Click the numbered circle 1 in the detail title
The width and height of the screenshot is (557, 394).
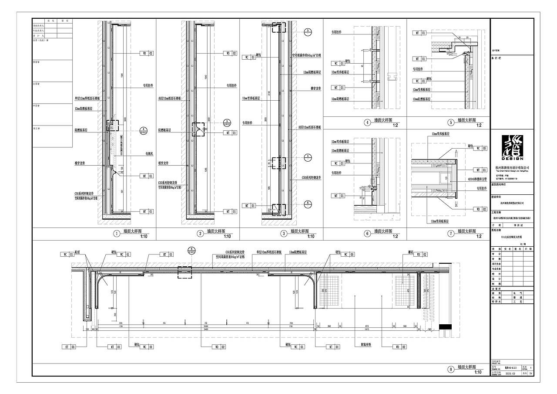click(x=116, y=234)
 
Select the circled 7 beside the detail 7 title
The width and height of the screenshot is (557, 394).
click(x=451, y=234)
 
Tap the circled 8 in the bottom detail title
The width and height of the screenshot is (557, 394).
click(x=451, y=369)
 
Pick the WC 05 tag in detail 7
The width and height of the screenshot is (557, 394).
click(x=480, y=148)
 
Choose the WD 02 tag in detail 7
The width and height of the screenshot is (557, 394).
click(x=480, y=209)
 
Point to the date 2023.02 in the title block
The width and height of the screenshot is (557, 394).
click(x=510, y=374)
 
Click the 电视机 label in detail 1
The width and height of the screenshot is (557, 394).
click(x=150, y=154)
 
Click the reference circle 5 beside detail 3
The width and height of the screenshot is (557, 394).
click(x=307, y=31)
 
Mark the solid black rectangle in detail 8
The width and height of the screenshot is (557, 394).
click(x=445, y=327)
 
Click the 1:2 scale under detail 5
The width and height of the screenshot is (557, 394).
click(x=479, y=126)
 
